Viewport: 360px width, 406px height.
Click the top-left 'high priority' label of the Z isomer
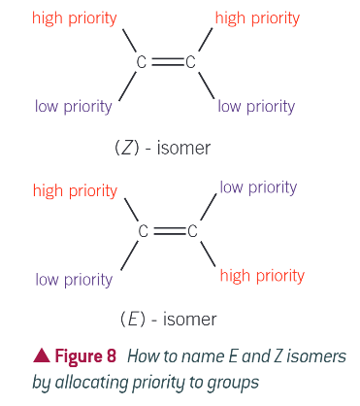click(75, 17)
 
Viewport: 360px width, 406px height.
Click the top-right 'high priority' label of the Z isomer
click(257, 17)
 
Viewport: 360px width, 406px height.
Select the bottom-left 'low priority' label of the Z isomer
click(74, 106)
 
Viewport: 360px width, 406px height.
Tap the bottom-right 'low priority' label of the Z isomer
click(256, 106)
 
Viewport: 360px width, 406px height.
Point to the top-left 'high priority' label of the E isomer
click(75, 190)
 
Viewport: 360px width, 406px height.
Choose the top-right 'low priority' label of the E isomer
click(258, 186)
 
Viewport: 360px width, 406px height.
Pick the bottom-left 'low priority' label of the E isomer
click(74, 280)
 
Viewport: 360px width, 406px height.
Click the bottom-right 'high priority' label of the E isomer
click(262, 276)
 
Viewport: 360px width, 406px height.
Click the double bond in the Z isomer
click(166, 63)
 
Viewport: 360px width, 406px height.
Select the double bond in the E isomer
click(167, 232)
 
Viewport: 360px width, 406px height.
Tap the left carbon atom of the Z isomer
click(142, 63)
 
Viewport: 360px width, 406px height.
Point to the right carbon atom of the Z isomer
click(191, 63)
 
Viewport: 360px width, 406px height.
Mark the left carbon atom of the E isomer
click(143, 232)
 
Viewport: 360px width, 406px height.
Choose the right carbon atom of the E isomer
click(192, 232)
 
